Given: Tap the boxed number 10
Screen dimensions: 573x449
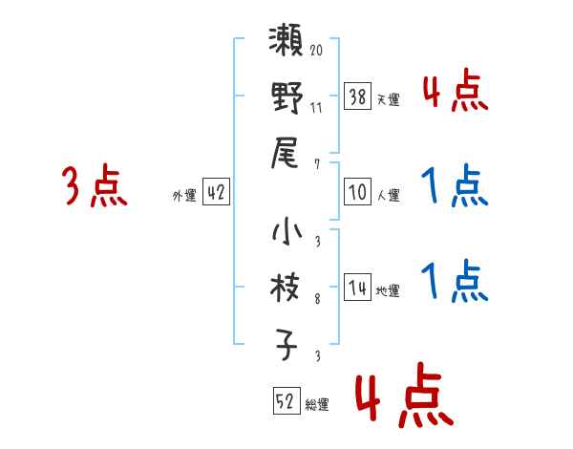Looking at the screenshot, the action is tap(358, 192).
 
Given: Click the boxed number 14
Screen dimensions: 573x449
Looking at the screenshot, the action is tap(358, 288).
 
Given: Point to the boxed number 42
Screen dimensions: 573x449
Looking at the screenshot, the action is tap(216, 192).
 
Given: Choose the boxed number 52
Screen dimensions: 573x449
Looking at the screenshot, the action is tap(286, 401).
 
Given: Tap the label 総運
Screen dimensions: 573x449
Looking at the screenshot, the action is tap(317, 405).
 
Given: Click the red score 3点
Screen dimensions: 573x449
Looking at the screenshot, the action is tap(95, 187).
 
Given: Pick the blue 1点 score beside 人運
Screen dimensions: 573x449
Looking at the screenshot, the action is tap(454, 186).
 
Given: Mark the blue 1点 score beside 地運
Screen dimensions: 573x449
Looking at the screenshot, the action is tap(454, 282).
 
